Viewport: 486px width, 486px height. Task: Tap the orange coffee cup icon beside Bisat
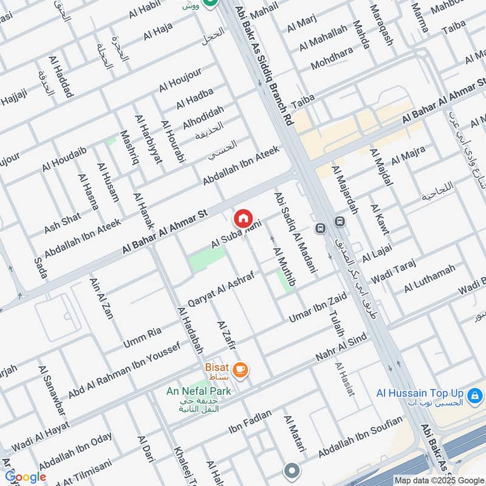point(241,369)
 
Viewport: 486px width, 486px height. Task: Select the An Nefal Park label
point(199,391)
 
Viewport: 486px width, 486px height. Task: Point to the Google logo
point(25,477)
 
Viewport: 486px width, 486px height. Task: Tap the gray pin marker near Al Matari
point(292,471)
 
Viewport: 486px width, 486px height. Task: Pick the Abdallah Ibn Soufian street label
point(360,438)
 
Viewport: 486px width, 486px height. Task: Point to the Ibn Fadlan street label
point(250,425)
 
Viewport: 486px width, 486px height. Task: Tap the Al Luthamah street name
point(429,278)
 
